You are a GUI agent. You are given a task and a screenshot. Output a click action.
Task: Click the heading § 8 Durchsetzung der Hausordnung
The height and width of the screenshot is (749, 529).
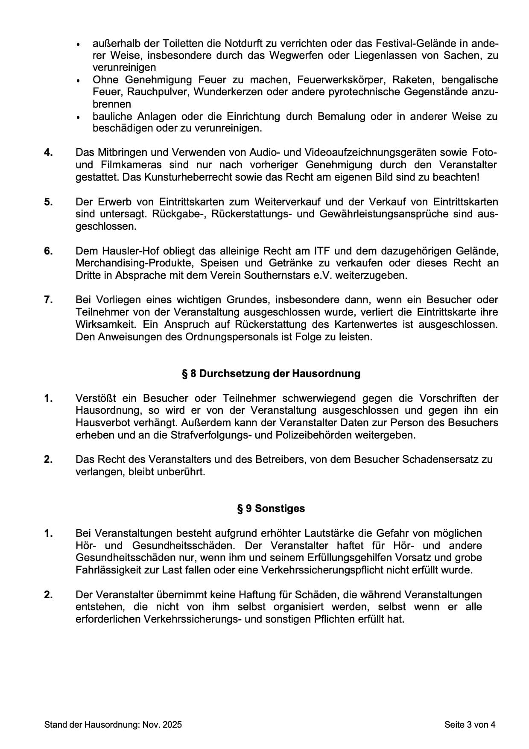271,374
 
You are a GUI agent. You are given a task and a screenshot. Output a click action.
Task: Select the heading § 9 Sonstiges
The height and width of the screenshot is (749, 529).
271,509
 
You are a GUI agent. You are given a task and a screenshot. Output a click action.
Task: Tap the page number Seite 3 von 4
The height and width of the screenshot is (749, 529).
470,724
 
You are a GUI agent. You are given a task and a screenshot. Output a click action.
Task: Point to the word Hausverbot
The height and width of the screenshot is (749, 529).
100,423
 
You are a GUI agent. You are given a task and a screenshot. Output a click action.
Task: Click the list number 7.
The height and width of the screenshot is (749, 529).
48,300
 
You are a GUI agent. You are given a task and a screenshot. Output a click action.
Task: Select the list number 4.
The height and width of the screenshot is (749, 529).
48,152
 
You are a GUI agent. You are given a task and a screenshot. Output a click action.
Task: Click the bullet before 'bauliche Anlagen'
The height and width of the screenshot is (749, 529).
78,117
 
